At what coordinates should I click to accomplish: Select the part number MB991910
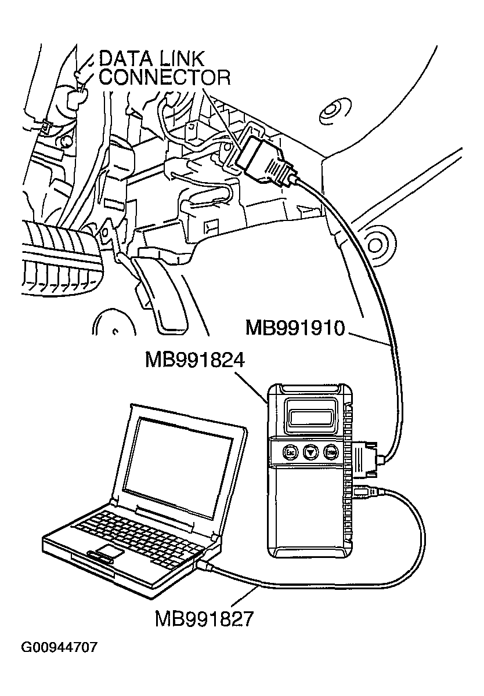point(295,328)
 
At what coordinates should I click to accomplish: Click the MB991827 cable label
point(204,618)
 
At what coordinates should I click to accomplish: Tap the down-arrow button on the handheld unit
point(312,451)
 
